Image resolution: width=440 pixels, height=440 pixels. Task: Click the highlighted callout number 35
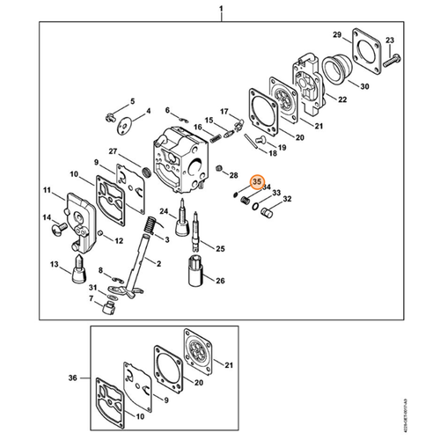tap(258, 183)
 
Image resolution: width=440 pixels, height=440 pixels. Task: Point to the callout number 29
tap(336, 34)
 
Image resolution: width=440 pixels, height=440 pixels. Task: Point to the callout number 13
tap(55, 264)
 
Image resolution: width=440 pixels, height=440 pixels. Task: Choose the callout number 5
tap(132, 102)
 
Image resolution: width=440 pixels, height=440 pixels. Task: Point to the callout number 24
tap(165, 211)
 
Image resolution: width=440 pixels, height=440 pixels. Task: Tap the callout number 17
tap(224, 111)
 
